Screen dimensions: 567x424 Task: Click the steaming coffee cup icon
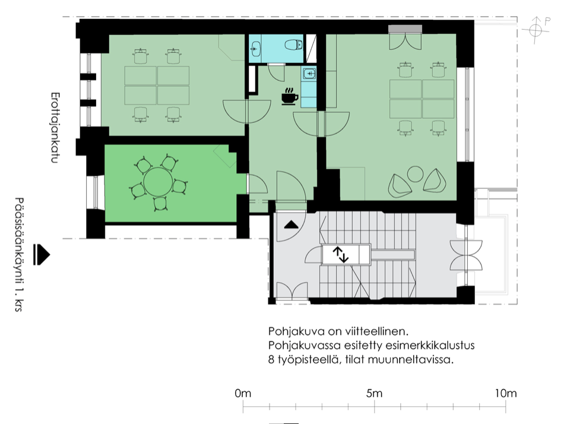(x=290, y=97)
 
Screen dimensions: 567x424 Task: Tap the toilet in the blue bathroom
(x=294, y=45)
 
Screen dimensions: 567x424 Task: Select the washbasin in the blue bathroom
(x=256, y=48)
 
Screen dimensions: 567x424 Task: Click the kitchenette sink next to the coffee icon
(x=309, y=74)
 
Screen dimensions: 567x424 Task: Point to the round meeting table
(x=158, y=182)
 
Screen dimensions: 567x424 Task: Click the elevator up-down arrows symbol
(x=341, y=254)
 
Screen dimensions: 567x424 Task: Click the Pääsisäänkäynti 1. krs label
(x=19, y=254)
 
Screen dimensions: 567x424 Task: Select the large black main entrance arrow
(x=41, y=255)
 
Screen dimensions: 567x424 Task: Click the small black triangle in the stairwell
(x=292, y=225)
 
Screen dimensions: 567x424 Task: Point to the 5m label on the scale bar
(x=374, y=393)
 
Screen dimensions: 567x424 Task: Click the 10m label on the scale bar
(x=505, y=393)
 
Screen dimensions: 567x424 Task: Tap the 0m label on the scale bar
(x=243, y=393)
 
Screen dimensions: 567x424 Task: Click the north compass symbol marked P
(x=536, y=30)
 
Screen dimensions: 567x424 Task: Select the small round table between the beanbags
(x=415, y=175)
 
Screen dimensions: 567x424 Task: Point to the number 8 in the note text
(x=271, y=360)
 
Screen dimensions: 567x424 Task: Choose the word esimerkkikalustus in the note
(x=430, y=346)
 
